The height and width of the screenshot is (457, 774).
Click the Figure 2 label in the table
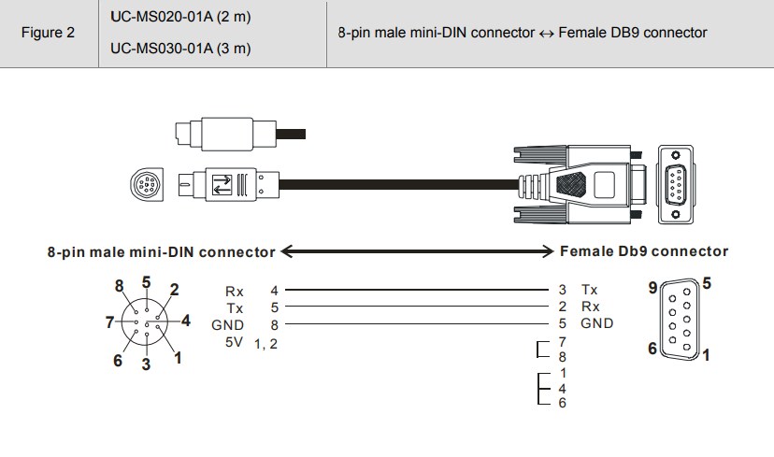(48, 33)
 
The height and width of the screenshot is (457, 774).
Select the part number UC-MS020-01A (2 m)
(180, 17)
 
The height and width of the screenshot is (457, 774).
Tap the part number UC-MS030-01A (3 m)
(180, 49)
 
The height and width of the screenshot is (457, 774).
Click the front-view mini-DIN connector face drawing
(147, 185)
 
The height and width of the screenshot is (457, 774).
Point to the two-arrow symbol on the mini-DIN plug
(222, 185)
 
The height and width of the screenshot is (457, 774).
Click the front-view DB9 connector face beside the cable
(675, 185)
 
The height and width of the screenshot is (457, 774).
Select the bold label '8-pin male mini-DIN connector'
(161, 252)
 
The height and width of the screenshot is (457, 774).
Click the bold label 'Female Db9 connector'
(644, 251)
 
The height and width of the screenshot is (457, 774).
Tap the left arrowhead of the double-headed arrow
(287, 251)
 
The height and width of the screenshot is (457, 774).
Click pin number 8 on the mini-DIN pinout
(119, 286)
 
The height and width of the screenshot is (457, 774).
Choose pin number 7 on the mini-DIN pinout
(109, 322)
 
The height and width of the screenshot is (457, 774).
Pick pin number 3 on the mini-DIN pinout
(146, 364)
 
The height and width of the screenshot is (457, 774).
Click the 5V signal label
(234, 342)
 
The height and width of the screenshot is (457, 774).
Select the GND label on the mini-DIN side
(227, 325)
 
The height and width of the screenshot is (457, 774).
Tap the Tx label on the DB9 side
(590, 290)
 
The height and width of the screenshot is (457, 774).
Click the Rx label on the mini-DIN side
(235, 292)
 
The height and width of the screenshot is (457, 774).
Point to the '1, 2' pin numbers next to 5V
(266, 344)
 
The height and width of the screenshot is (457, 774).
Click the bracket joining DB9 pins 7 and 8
(537, 349)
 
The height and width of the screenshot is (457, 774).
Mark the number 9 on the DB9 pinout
(652, 288)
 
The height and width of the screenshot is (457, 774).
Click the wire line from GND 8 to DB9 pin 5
(417, 323)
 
